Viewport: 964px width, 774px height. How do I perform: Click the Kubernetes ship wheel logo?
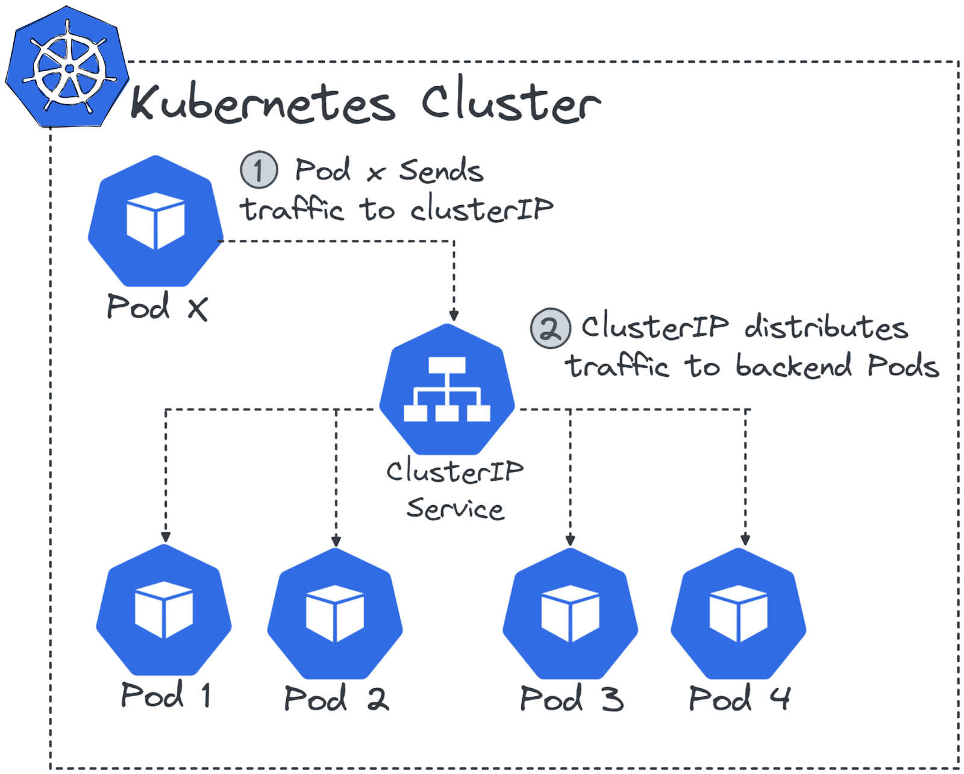[67, 68]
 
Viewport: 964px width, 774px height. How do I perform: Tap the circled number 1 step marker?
[258, 170]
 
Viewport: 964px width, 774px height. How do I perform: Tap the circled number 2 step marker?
[549, 329]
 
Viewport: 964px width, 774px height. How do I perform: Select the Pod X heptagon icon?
[155, 221]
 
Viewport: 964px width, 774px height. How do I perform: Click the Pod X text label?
[157, 307]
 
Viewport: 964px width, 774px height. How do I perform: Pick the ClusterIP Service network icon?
[446, 389]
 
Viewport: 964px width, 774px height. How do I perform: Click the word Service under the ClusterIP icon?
[455, 509]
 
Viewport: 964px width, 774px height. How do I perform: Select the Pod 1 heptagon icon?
[164, 610]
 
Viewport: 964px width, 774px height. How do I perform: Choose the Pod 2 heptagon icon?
[335, 613]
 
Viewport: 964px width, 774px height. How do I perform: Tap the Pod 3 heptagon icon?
[570, 613]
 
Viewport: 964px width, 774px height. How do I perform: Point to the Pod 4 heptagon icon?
[738, 613]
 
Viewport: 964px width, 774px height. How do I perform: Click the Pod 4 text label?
[739, 699]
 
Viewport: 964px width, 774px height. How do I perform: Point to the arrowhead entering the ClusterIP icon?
[454, 316]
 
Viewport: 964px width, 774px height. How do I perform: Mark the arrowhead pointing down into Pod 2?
[336, 541]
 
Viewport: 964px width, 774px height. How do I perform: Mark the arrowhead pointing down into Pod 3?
[570, 540]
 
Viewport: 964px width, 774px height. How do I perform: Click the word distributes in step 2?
[825, 327]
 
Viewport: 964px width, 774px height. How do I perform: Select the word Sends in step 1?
[441, 171]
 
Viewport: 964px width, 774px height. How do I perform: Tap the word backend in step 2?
[793, 366]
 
